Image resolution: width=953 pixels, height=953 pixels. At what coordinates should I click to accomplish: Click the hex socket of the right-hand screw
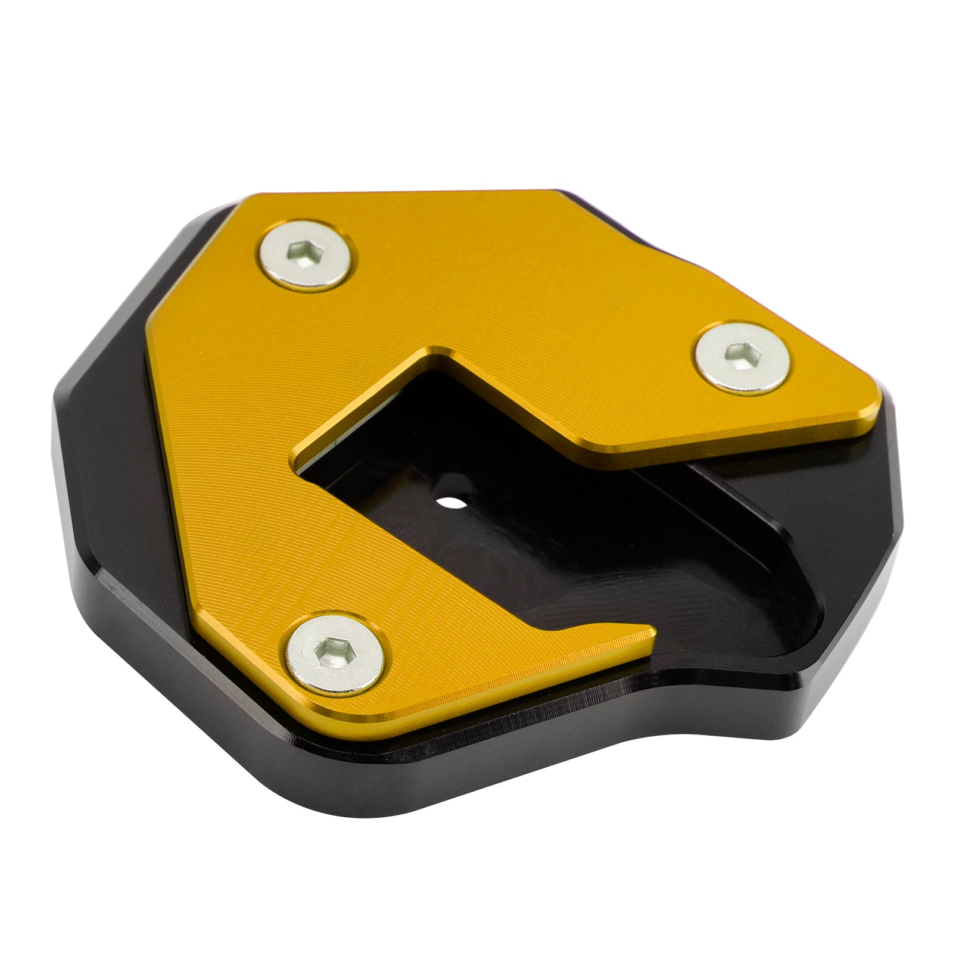739,353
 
